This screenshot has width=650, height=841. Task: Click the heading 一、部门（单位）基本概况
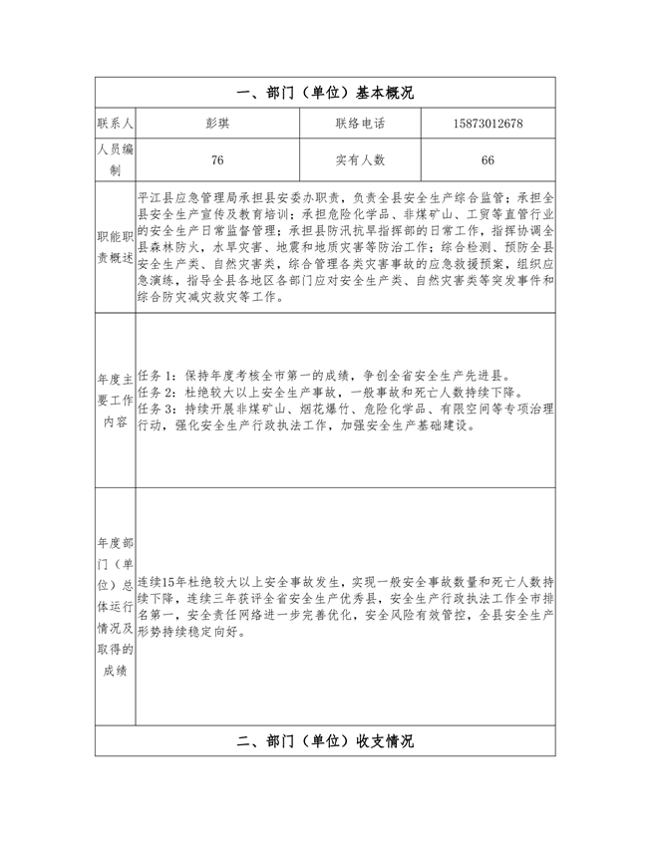coord(325,92)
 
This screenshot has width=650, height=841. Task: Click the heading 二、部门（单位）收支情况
coord(325,741)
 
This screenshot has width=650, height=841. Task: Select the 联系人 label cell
coord(116,124)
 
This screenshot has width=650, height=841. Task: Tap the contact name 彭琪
coord(217,124)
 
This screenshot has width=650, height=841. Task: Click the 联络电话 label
coord(360,124)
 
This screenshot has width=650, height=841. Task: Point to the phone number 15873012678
coord(487,124)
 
